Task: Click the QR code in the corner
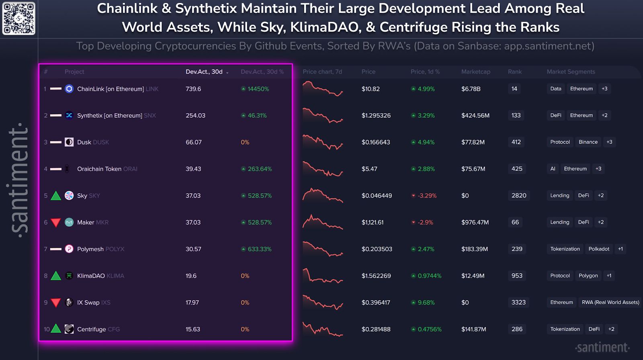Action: click(x=18, y=18)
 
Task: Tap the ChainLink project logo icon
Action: click(x=69, y=89)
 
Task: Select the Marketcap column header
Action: click(x=475, y=72)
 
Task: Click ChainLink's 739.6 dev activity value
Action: click(x=193, y=89)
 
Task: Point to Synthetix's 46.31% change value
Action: click(x=257, y=115)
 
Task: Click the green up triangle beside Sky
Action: click(x=56, y=196)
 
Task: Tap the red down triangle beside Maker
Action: click(x=56, y=223)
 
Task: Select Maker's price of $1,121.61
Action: click(x=372, y=222)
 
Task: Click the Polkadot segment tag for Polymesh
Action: click(x=598, y=249)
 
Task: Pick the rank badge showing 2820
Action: click(x=518, y=195)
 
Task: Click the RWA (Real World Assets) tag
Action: click(x=610, y=302)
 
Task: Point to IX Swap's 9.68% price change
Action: click(x=426, y=303)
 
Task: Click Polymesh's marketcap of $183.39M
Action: click(x=474, y=249)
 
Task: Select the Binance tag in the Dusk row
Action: click(x=588, y=142)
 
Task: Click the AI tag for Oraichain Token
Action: click(x=553, y=169)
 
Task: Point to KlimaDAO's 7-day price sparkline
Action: click(x=323, y=276)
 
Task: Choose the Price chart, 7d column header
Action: click(x=322, y=72)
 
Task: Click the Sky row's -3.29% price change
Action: click(x=426, y=196)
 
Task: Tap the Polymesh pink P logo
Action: click(x=69, y=249)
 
